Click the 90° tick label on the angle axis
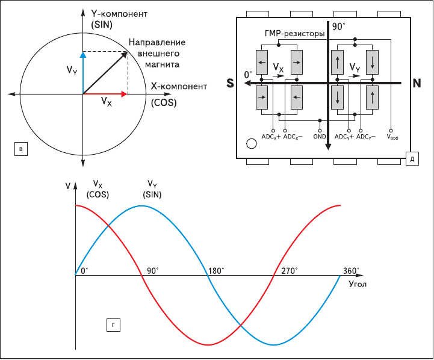click(x=152, y=271)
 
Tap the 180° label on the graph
click(x=216, y=271)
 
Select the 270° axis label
click(x=290, y=271)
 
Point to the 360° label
click(x=351, y=271)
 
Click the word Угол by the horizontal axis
click(x=358, y=284)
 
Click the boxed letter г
click(x=113, y=325)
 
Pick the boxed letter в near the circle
click(x=21, y=149)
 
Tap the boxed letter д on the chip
click(x=412, y=159)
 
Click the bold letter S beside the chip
click(x=230, y=83)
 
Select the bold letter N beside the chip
click(x=417, y=83)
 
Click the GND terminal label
click(x=320, y=137)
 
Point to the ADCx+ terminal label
click(x=271, y=137)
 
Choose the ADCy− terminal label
click(x=366, y=137)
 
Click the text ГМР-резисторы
click(x=294, y=34)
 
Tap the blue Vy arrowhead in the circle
click(x=83, y=55)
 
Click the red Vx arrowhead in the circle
click(x=124, y=95)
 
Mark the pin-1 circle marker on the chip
click(x=252, y=144)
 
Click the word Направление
click(x=157, y=42)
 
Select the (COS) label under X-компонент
click(x=164, y=103)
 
